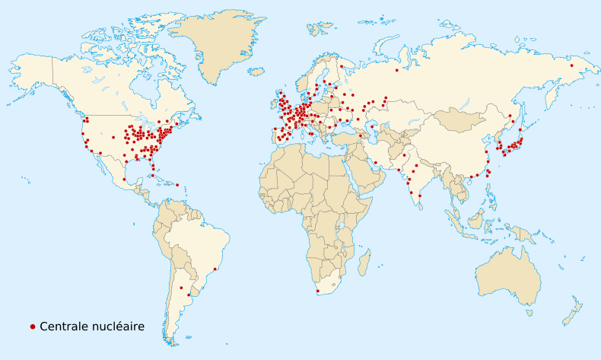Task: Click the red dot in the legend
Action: (33, 327)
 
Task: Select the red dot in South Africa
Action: (318, 291)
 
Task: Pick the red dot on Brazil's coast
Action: (216, 269)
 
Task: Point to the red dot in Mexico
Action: (124, 180)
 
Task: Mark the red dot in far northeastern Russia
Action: (571, 65)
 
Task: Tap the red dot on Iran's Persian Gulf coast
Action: (376, 162)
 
